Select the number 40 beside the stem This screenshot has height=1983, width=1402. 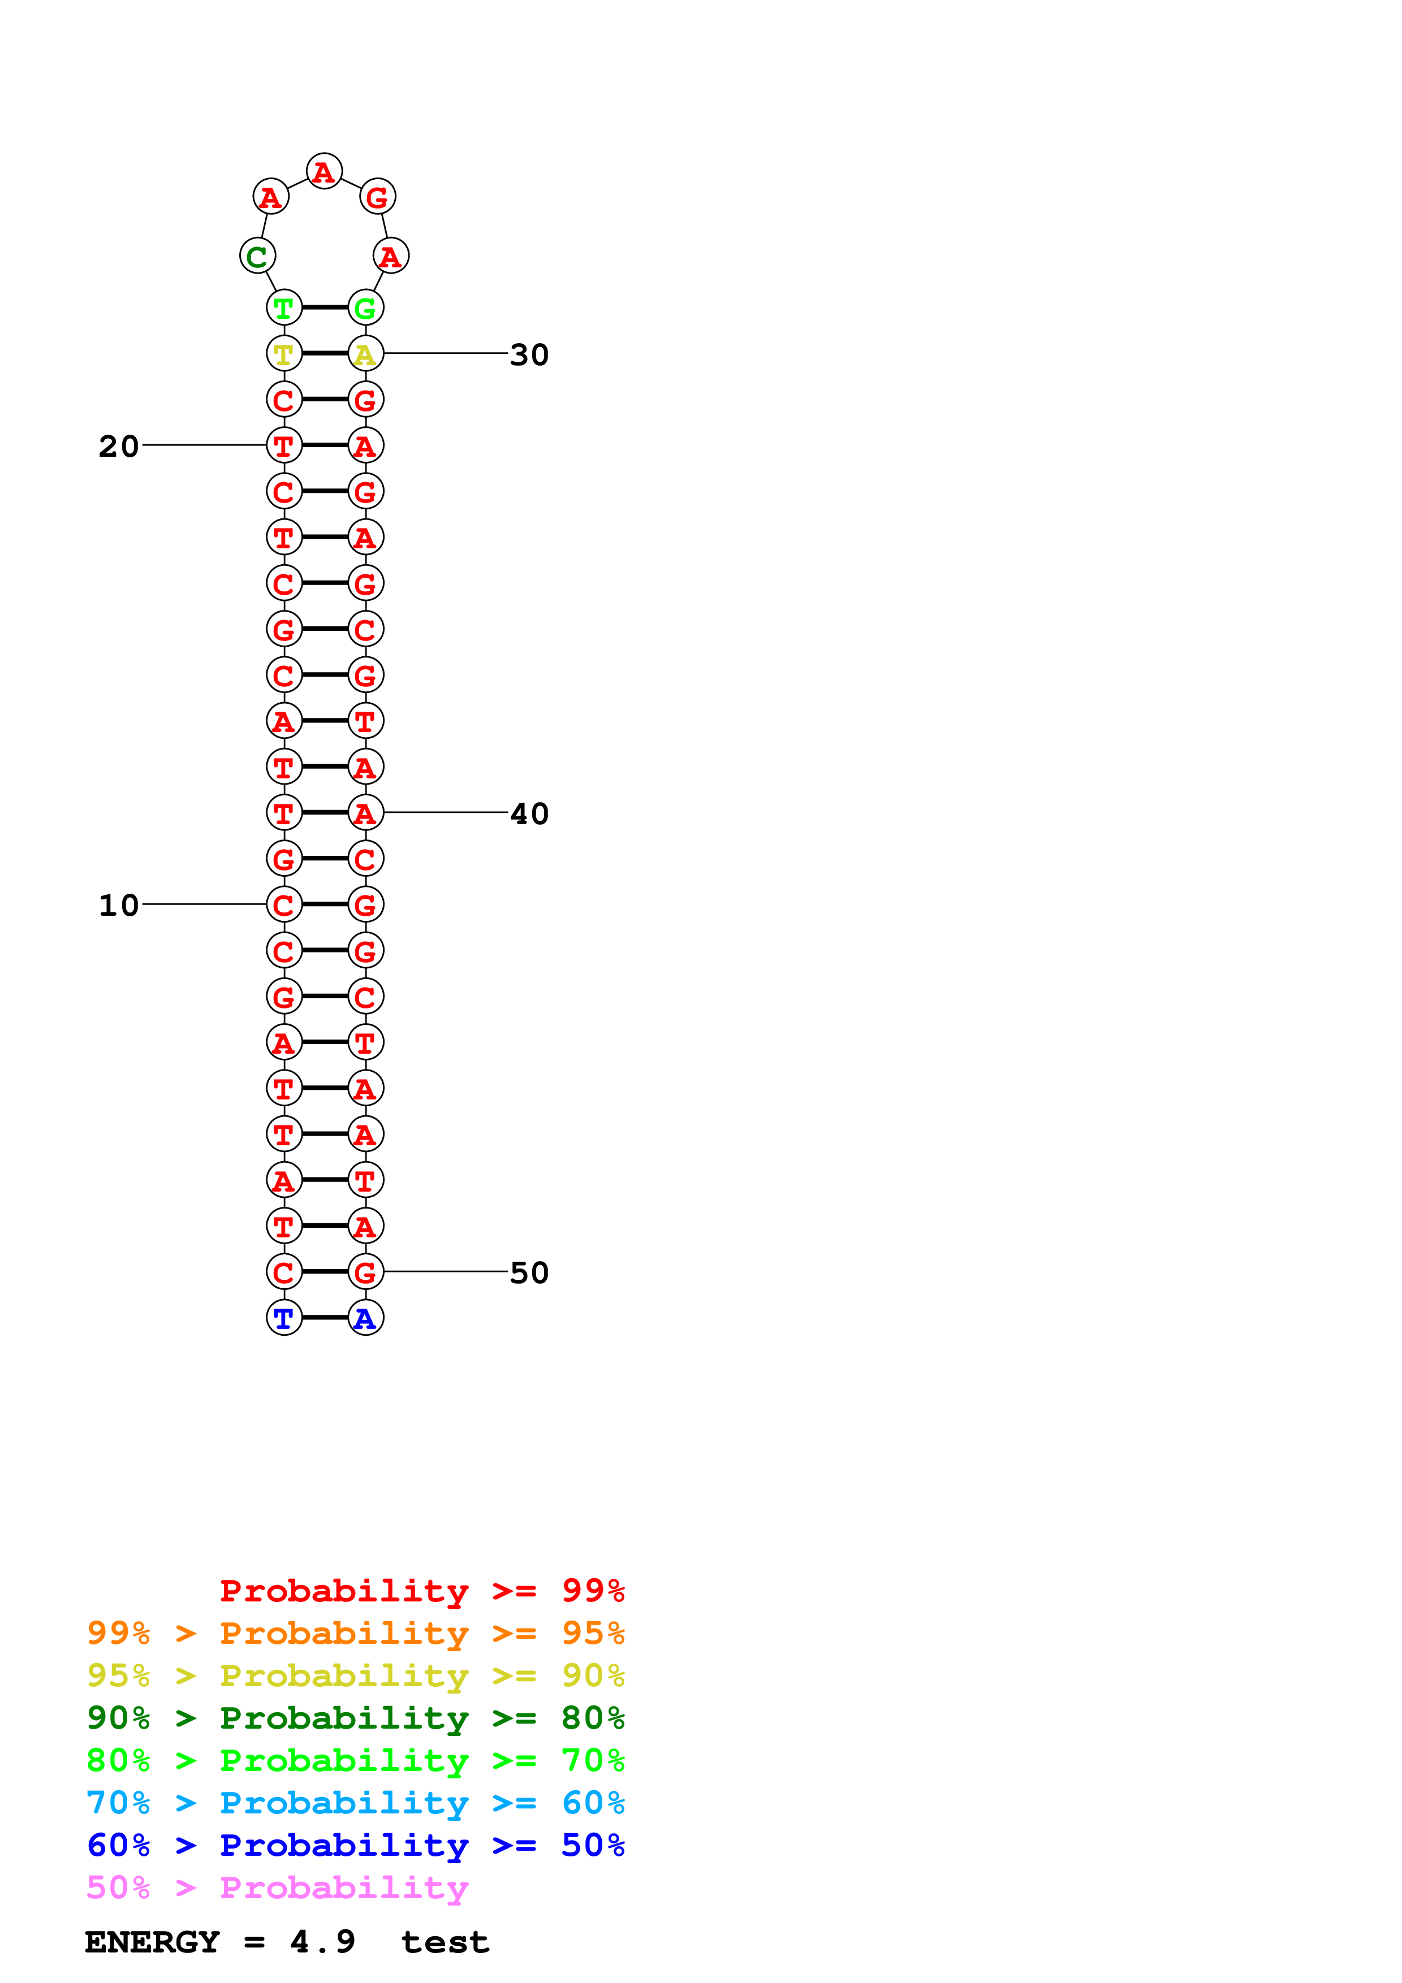tap(529, 813)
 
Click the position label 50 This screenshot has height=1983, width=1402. tap(529, 1272)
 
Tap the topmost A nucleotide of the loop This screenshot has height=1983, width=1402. tap(324, 172)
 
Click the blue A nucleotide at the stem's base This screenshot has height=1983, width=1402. tap(365, 1318)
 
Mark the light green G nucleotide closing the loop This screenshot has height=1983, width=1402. tap(365, 308)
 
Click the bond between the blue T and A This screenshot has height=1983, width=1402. tap(325, 1317)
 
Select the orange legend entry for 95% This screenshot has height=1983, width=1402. tap(355, 1633)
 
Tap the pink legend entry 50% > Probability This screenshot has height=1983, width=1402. tap(277, 1888)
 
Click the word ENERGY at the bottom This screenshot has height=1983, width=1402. tap(152, 1942)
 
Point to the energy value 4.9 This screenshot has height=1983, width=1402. tap(322, 1942)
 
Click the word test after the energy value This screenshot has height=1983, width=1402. tap(445, 1942)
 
